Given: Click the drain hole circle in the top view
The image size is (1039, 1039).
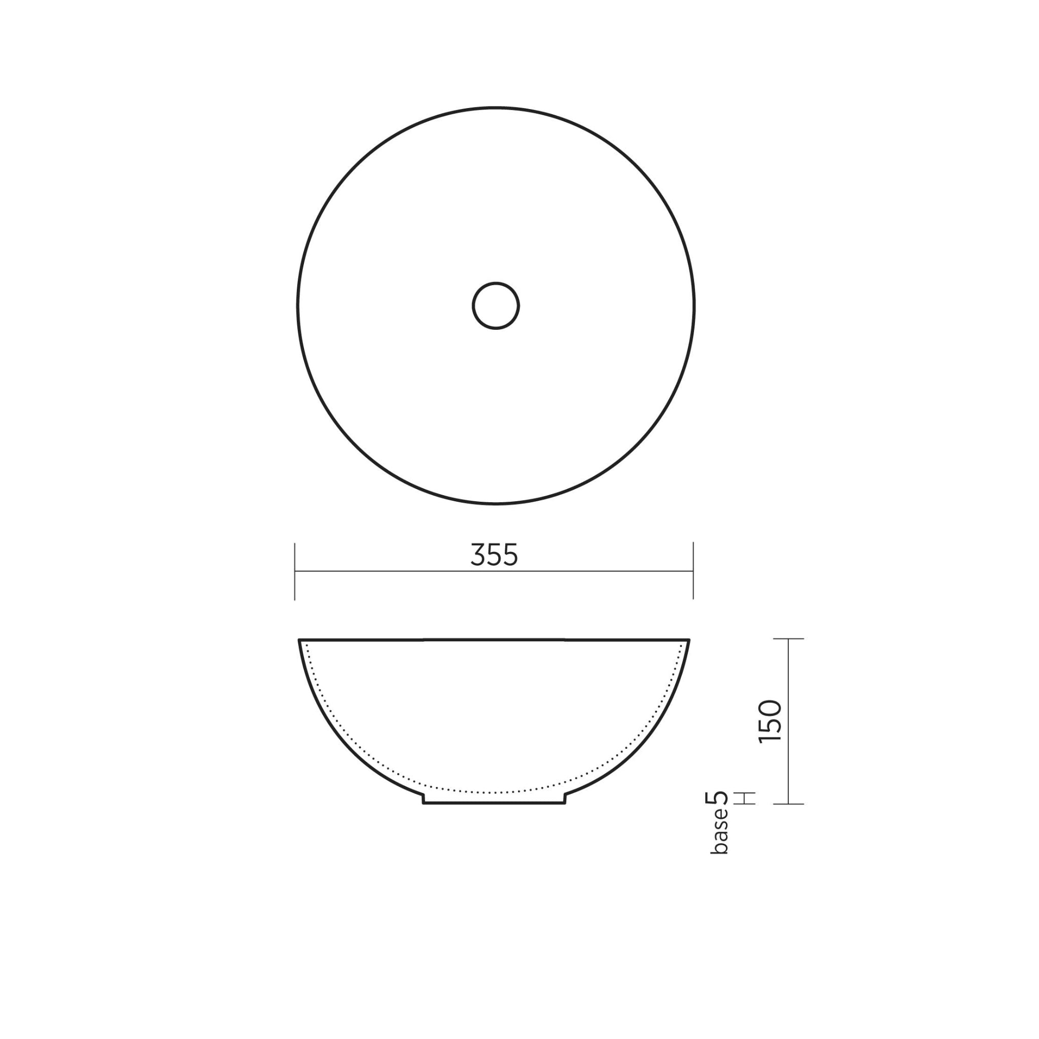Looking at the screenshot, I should [x=495, y=305].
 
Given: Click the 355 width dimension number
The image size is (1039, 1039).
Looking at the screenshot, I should [x=494, y=555].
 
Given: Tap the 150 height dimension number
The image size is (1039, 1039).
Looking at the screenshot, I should [x=770, y=721].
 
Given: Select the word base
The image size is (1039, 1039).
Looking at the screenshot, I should [x=719, y=831].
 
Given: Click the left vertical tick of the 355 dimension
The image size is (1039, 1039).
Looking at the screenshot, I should [x=295, y=571].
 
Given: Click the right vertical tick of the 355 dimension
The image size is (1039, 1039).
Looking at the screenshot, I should [x=693, y=571].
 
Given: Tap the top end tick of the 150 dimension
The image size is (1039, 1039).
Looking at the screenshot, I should [x=788, y=639].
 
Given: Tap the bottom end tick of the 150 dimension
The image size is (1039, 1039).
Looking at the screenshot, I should [x=788, y=804].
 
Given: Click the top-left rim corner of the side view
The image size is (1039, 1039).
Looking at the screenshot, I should [x=299, y=640].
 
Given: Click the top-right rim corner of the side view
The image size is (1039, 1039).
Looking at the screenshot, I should [x=689, y=640].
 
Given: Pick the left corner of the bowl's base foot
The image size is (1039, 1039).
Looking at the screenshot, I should [x=424, y=804].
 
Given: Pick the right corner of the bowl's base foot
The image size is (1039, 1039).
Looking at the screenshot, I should [x=565, y=804].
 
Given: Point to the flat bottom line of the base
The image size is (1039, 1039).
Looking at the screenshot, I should [x=494, y=804].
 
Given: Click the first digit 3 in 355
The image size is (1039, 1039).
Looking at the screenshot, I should [x=477, y=555].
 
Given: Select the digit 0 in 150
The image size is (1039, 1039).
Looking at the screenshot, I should [x=770, y=708].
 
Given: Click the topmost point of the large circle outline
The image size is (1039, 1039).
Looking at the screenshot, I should [x=495, y=108].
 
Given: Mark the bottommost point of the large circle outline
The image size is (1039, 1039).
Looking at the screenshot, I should [x=495, y=504].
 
